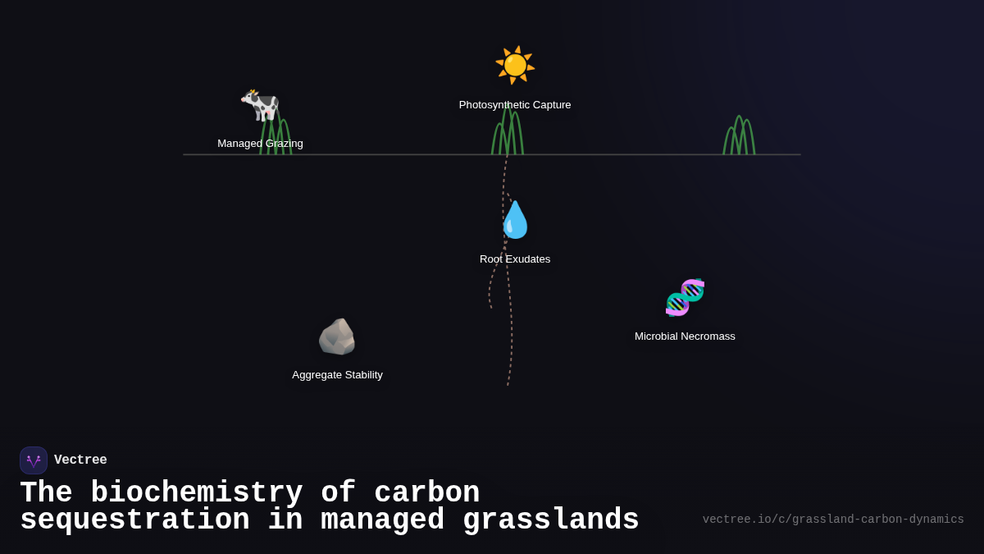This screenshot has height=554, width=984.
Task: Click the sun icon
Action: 515,65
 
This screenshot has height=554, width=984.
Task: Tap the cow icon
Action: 260,104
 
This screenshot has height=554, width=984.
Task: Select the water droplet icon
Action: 515,220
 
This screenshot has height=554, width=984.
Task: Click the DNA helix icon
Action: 685,297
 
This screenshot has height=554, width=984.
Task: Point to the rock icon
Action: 337,337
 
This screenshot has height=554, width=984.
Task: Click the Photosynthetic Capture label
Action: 515,105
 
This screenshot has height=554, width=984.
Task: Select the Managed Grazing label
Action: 260,144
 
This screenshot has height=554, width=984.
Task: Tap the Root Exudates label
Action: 515,259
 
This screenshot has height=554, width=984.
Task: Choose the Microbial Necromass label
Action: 685,337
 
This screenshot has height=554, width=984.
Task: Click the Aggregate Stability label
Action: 337,375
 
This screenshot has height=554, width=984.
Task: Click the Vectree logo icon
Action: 34,460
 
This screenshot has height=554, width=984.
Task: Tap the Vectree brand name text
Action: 80,460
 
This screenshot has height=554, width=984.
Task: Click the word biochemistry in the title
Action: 196,493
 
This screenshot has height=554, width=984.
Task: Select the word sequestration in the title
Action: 134,520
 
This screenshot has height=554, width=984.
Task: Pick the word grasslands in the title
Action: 550,520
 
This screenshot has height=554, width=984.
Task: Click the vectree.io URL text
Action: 833,520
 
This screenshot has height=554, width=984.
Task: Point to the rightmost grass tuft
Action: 739,136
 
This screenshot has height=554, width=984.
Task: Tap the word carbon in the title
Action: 426,493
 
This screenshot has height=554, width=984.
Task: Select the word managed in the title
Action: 382,520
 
